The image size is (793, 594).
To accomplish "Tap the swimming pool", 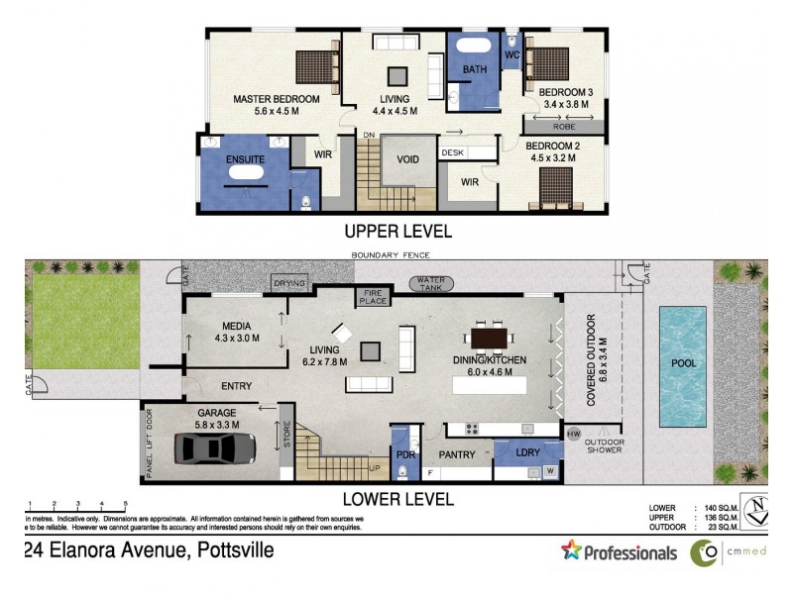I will coord(683,364).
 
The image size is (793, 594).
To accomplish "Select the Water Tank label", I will coord(437,283).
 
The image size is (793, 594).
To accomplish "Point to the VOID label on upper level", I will coord(407,159).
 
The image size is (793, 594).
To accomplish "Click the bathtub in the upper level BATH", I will coord(473,49).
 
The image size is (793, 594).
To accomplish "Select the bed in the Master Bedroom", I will coord(318,66).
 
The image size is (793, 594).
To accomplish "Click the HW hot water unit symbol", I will coord(572,434).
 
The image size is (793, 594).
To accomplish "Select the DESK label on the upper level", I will coord(453,152).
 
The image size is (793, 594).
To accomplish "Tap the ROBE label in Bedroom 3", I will coord(564,127).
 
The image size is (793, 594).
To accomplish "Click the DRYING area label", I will coord(288,284).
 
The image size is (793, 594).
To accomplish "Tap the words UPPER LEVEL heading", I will coord(397,232).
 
